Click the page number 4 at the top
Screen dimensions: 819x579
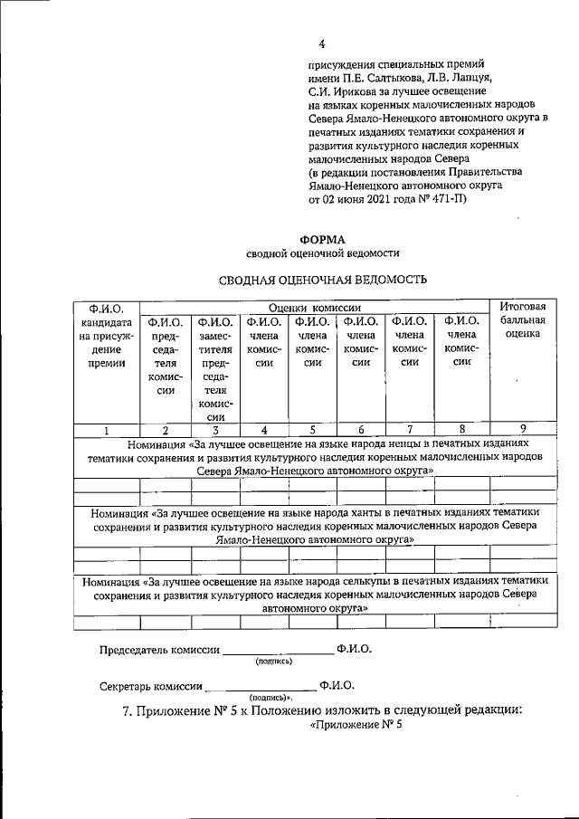(x=321, y=44)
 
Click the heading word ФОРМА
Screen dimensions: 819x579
(x=322, y=239)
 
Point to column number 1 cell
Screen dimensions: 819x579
(x=106, y=431)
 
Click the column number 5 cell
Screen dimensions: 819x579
(x=311, y=431)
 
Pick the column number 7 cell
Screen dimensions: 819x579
(x=409, y=431)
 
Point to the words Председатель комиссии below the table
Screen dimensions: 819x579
(x=159, y=649)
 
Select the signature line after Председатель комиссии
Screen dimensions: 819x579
(x=278, y=651)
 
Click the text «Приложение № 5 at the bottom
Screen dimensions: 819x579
(x=355, y=725)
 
